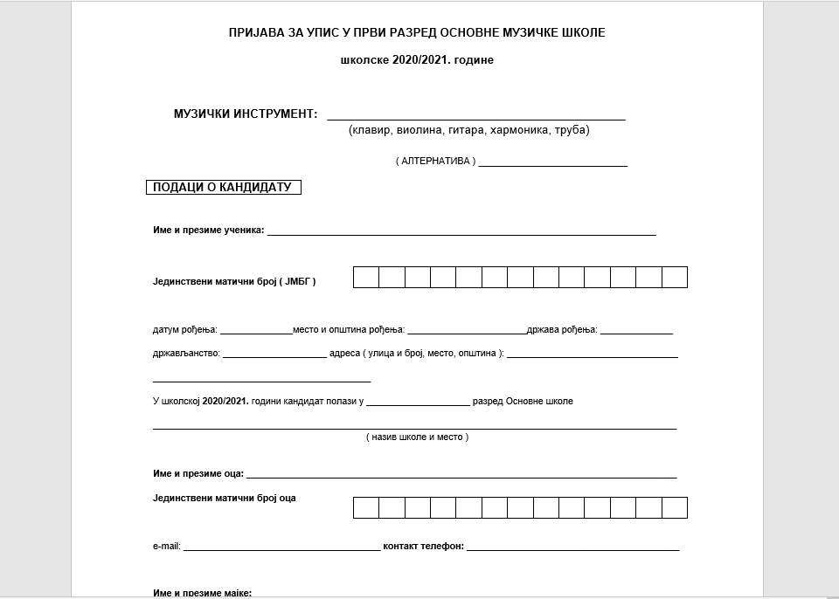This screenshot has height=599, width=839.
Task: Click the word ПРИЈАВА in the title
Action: (x=255, y=32)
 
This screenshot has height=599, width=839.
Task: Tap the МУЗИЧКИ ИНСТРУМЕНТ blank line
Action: (x=475, y=116)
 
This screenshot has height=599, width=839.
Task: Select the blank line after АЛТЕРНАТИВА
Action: (x=552, y=163)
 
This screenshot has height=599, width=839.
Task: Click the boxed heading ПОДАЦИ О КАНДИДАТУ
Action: (x=222, y=187)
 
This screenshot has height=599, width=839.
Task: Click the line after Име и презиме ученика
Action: (x=461, y=233)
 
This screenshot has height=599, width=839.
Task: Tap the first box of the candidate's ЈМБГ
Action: (x=366, y=278)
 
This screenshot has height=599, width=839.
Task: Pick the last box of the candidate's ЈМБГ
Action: (x=675, y=278)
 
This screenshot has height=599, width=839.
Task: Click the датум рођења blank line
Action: (x=256, y=333)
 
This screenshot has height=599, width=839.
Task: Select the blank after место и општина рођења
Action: (x=467, y=333)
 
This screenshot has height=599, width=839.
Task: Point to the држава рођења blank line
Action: (x=636, y=333)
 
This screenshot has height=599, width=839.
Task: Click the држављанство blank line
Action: (x=274, y=356)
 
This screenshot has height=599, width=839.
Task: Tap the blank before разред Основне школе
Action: (x=418, y=404)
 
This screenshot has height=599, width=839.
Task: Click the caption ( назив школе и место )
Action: (x=417, y=437)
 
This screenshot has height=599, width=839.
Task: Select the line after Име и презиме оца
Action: (x=461, y=476)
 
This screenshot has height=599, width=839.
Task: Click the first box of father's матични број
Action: (x=366, y=507)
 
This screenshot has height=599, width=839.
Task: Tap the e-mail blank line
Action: (x=281, y=549)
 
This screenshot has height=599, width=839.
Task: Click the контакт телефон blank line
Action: (x=572, y=549)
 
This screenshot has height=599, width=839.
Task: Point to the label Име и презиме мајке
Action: (x=202, y=593)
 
